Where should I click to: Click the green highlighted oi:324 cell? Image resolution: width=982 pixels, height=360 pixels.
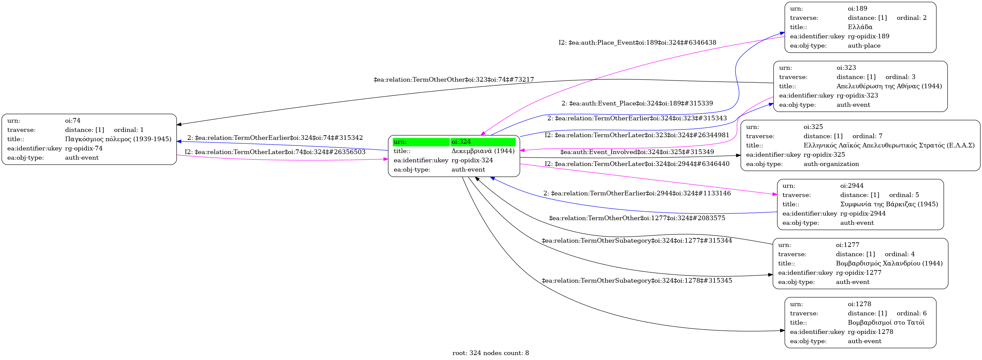pyautogui.click(x=483, y=142)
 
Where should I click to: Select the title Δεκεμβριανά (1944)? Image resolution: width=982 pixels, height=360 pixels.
pyautogui.click(x=483, y=151)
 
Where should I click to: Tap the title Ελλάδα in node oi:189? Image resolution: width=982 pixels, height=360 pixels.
pyautogui.click(x=860, y=27)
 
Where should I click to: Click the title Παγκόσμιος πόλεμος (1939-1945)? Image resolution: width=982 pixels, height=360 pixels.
pyautogui.click(x=118, y=139)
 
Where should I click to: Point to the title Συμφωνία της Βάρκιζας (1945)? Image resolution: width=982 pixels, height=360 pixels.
pyautogui.click(x=889, y=204)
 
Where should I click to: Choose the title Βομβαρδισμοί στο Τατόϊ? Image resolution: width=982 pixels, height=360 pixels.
pyautogui.click(x=886, y=323)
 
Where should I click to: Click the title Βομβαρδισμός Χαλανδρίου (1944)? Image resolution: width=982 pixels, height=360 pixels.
pyautogui.click(x=889, y=263)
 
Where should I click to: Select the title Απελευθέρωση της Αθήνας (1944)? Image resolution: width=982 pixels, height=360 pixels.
pyautogui.click(x=889, y=86)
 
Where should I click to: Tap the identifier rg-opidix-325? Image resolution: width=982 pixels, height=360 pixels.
pyautogui.click(x=824, y=155)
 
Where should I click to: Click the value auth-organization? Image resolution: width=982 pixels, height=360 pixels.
pyautogui.click(x=831, y=164)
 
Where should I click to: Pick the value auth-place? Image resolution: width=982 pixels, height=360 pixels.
pyautogui.click(x=864, y=46)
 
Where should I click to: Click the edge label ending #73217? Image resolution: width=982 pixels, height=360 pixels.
pyautogui.click(x=454, y=80)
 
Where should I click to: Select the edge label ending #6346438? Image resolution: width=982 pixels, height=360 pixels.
pyautogui.click(x=637, y=43)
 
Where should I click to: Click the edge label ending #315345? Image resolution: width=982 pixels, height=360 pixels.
pyautogui.click(x=636, y=281)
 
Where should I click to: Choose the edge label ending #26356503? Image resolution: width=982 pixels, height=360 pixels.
pyautogui.click(x=275, y=152)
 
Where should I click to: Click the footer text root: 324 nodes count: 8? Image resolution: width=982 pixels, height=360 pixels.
pyautogui.click(x=491, y=353)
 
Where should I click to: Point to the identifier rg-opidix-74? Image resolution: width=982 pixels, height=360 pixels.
pyautogui.click(x=84, y=148)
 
